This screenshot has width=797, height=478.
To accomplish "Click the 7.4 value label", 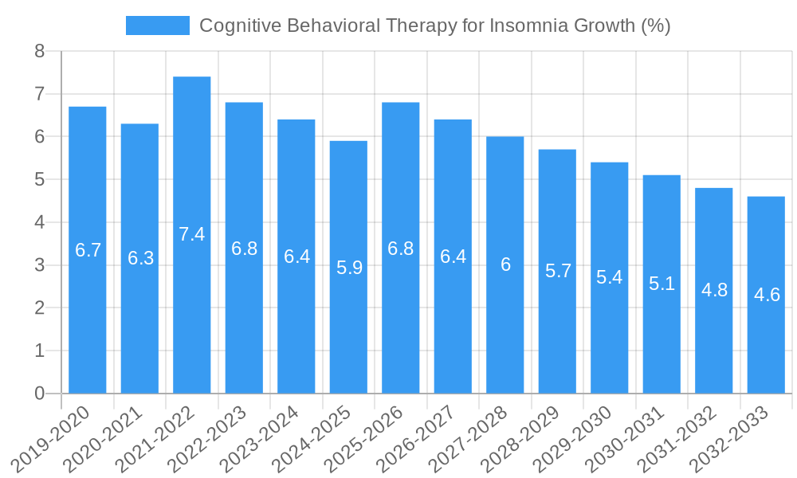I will pos(191,234).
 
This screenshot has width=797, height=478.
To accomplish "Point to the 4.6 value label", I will pos(766,295).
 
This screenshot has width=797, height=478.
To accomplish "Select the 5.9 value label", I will pos(349,268).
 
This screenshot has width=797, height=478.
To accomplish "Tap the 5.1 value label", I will pos(662,284).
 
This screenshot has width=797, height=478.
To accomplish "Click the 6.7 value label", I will pos(88,250).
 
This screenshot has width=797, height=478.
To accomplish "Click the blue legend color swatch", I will pos(157,25).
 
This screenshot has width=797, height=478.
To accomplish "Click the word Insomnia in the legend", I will pos(525,25).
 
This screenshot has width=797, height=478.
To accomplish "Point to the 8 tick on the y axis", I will pos(40,52).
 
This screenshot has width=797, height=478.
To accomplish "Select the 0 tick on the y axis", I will pos(40,394).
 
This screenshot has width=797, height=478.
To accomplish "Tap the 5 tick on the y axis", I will pos(40,180).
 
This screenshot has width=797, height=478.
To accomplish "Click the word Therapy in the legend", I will pos(418,25).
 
